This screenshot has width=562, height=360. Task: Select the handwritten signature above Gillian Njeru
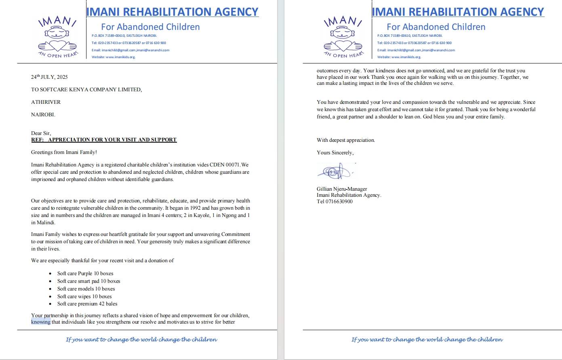(x=335, y=172)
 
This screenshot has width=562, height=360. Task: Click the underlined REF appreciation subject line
(x=104, y=140)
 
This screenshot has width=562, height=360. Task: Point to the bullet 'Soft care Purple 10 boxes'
(x=85, y=274)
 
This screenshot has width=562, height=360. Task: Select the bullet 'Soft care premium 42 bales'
(x=87, y=304)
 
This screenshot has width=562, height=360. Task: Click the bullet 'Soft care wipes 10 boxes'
(x=84, y=297)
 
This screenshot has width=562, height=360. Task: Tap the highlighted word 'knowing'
(x=41, y=322)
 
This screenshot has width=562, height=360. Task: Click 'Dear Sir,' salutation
(x=41, y=133)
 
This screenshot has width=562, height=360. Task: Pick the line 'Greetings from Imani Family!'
(x=64, y=152)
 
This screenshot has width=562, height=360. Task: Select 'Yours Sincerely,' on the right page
(x=335, y=153)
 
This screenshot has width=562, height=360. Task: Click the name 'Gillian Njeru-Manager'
(x=342, y=189)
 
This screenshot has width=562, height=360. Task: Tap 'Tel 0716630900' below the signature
(x=335, y=202)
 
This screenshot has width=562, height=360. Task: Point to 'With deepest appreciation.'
(x=346, y=140)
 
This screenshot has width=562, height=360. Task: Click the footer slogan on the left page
(x=141, y=339)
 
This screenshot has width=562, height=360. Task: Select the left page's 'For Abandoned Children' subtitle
(x=150, y=27)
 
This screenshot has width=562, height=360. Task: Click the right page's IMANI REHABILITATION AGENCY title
(x=458, y=12)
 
